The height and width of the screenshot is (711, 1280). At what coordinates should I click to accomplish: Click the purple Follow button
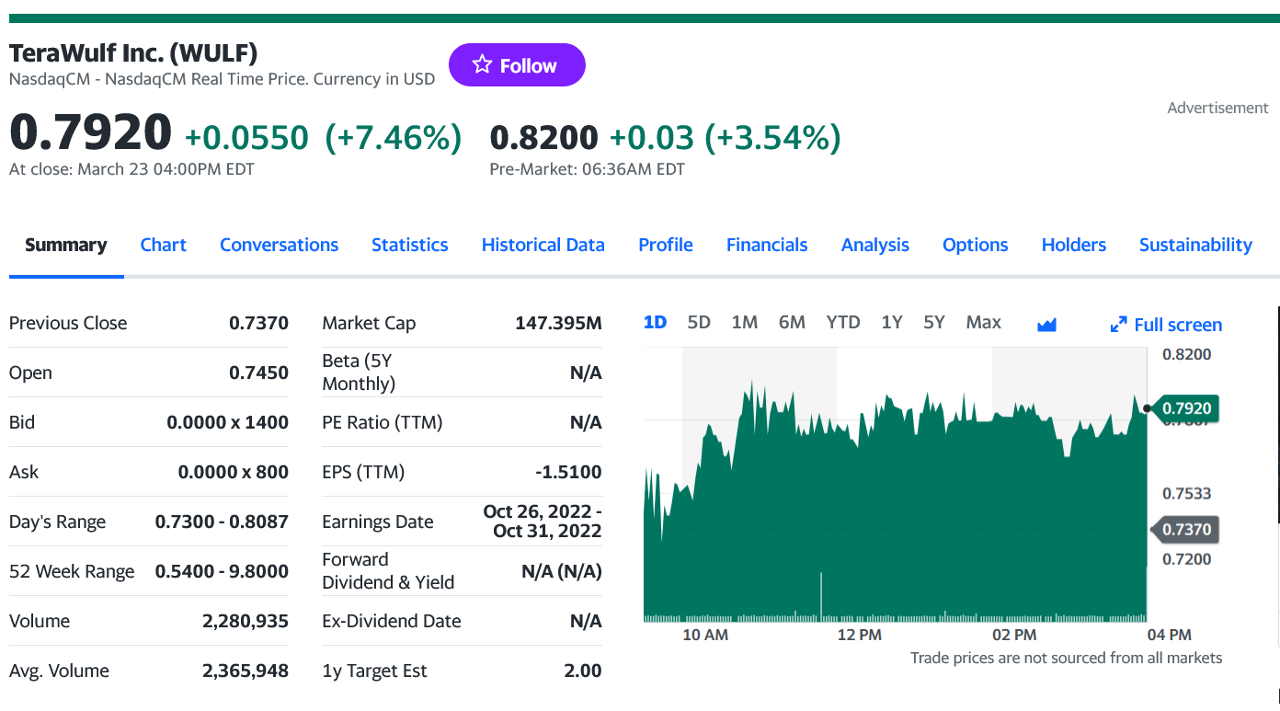point(517,65)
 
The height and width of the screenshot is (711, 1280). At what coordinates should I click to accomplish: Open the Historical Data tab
point(543,245)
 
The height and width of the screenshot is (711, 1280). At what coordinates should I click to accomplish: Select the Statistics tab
point(409,245)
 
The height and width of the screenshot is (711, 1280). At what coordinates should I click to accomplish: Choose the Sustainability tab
point(1195,245)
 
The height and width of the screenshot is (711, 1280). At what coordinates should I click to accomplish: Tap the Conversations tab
point(279,245)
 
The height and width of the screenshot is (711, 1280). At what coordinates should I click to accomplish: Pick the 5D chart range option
point(699,322)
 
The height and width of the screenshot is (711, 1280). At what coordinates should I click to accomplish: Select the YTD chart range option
point(842,322)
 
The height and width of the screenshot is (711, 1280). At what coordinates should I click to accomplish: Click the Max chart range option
point(983,322)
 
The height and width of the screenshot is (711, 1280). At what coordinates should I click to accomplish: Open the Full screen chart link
point(1167,325)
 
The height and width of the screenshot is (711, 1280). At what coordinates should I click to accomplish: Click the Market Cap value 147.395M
point(558,323)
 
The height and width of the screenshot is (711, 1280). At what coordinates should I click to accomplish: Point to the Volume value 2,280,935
point(245,621)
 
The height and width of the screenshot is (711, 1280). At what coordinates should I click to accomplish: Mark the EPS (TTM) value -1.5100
point(568,472)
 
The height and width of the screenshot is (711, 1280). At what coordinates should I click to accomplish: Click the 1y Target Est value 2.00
point(583,671)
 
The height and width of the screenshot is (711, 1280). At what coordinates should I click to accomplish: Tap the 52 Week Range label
point(72,571)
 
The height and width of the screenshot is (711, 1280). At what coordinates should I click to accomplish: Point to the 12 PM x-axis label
point(860,635)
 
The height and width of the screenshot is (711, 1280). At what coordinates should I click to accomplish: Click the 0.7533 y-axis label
point(1186,493)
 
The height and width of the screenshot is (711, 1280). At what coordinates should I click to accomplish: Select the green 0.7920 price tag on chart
point(1186,407)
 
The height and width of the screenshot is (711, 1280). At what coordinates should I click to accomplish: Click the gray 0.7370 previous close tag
point(1186,530)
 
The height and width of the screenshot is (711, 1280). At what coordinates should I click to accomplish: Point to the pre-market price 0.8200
point(543,138)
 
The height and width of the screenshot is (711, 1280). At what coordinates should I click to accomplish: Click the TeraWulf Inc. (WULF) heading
point(133,53)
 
